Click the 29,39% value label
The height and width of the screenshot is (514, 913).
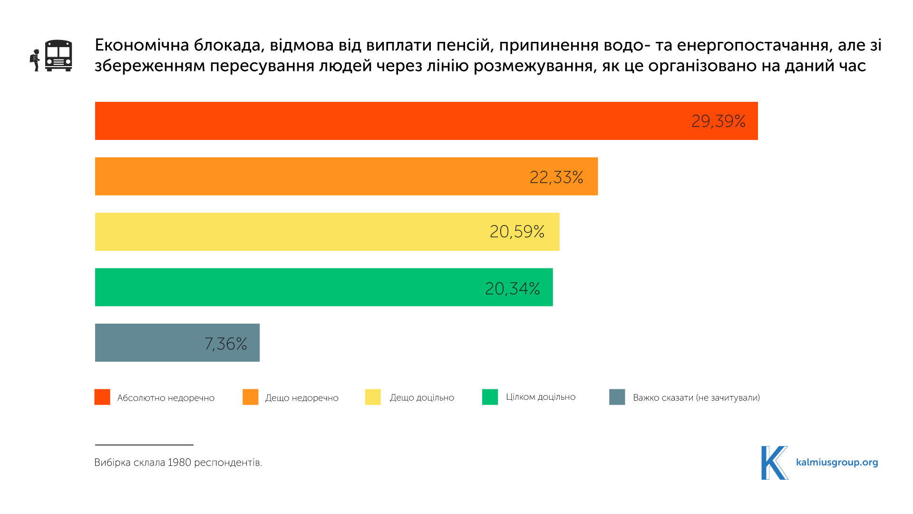[x=718, y=121]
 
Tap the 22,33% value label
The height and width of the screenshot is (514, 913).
[x=556, y=177]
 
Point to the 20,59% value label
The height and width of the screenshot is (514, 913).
[x=517, y=232]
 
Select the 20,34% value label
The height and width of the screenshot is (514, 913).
[x=512, y=288]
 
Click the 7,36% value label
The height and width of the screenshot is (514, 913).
[x=225, y=344]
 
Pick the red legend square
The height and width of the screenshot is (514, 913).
[x=102, y=397]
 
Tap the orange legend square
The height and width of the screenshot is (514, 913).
[x=251, y=397]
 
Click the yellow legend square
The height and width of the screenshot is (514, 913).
[x=373, y=397]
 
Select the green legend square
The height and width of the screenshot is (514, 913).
[x=490, y=397]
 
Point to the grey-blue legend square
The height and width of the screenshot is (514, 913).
[x=617, y=397]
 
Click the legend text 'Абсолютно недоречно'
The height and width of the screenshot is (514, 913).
[x=165, y=398]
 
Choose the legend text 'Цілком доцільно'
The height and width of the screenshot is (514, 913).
[x=541, y=397]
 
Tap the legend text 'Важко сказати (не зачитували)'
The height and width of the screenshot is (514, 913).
[x=696, y=398]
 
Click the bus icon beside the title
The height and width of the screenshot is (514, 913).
[x=58, y=56]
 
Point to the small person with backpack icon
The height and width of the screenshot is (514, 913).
[x=35, y=60]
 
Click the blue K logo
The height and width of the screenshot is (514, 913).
[x=774, y=463]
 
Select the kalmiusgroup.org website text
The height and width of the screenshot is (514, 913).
[x=837, y=462]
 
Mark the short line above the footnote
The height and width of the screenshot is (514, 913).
[x=144, y=445]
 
